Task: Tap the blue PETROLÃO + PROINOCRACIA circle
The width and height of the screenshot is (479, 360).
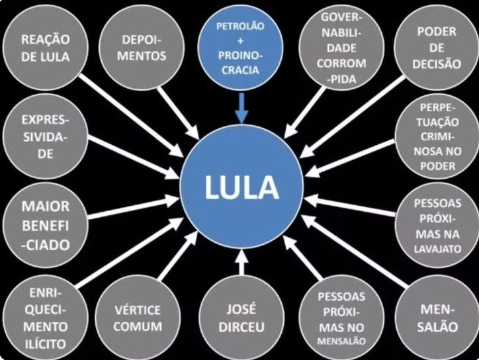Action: tap(240, 48)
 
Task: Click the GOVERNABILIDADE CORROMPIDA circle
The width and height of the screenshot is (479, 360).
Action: tap(342, 48)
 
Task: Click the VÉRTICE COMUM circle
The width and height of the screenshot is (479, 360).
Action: tap(137, 318)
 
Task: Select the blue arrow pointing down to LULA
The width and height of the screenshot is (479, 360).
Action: tap(240, 106)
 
